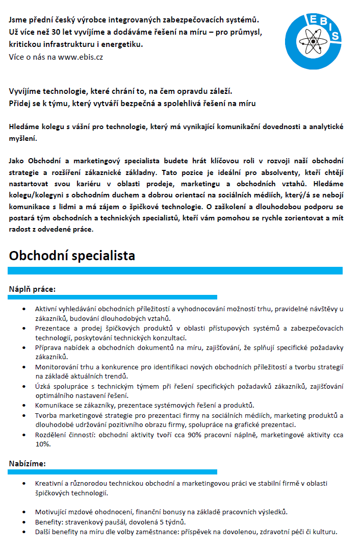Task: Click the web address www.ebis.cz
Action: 80,57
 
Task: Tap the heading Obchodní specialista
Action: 72,255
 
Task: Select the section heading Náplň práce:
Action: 32,289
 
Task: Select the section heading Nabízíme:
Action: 28,463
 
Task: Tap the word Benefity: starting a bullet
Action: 50,522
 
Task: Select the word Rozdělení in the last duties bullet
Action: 50,435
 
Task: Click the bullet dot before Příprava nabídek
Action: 24,347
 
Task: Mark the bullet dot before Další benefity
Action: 24,532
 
